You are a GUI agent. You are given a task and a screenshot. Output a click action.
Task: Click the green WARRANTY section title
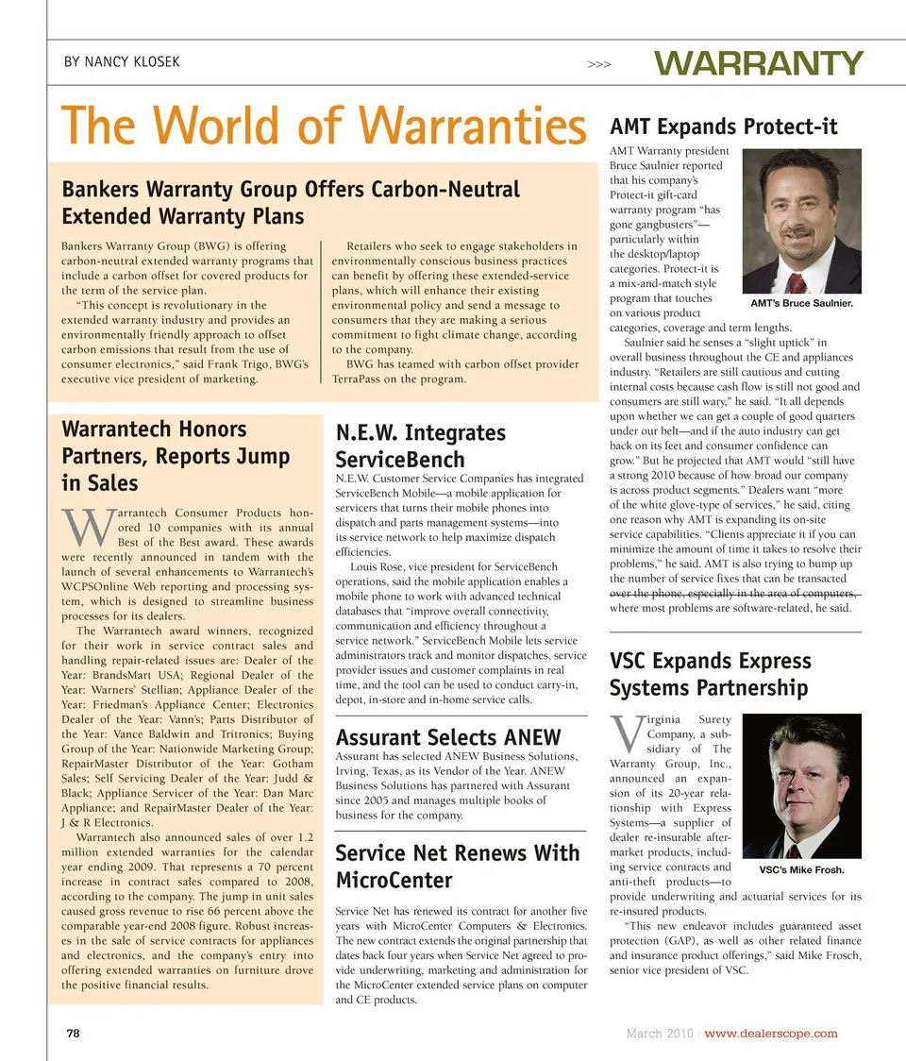(x=759, y=64)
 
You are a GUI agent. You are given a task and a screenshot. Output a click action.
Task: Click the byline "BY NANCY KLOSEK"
(x=122, y=63)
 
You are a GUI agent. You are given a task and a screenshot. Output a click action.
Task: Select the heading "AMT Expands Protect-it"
(x=724, y=126)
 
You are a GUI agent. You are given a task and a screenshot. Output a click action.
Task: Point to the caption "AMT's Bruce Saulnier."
(x=801, y=303)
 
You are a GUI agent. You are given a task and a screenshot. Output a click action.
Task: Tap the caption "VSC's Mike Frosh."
(x=801, y=869)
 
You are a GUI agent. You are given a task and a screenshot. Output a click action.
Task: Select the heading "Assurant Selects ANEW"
(x=448, y=737)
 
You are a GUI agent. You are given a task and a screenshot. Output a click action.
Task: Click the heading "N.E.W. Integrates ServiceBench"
(x=421, y=446)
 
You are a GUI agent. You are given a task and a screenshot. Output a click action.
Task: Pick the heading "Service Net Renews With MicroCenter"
(x=458, y=867)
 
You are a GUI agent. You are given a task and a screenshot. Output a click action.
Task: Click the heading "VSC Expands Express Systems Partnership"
(x=710, y=674)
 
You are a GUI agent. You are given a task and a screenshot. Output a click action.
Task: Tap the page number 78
(x=72, y=1034)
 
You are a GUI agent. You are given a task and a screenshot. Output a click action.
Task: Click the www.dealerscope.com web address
(x=771, y=1034)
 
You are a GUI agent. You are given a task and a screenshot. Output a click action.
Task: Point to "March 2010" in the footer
(x=660, y=1034)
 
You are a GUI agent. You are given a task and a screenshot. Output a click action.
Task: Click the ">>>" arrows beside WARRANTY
(x=599, y=65)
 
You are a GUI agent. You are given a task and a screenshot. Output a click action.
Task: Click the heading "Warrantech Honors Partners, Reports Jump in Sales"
(x=176, y=456)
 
